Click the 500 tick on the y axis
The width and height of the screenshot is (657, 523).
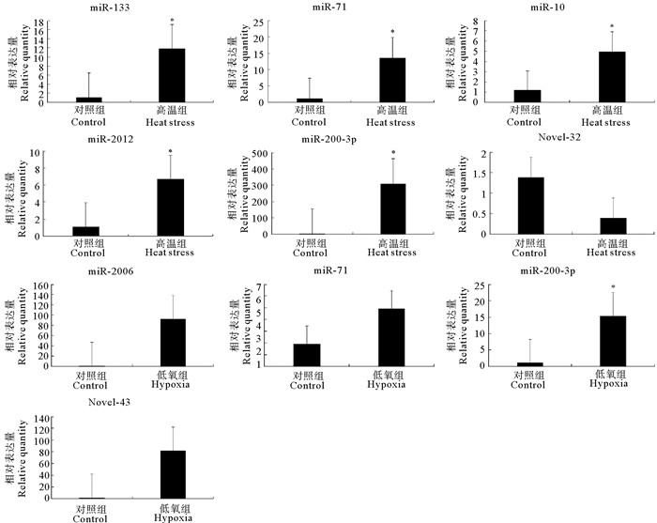point(248,153)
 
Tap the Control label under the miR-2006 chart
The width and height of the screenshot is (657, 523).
point(88,385)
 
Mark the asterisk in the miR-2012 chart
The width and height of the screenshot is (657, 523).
point(171,151)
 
